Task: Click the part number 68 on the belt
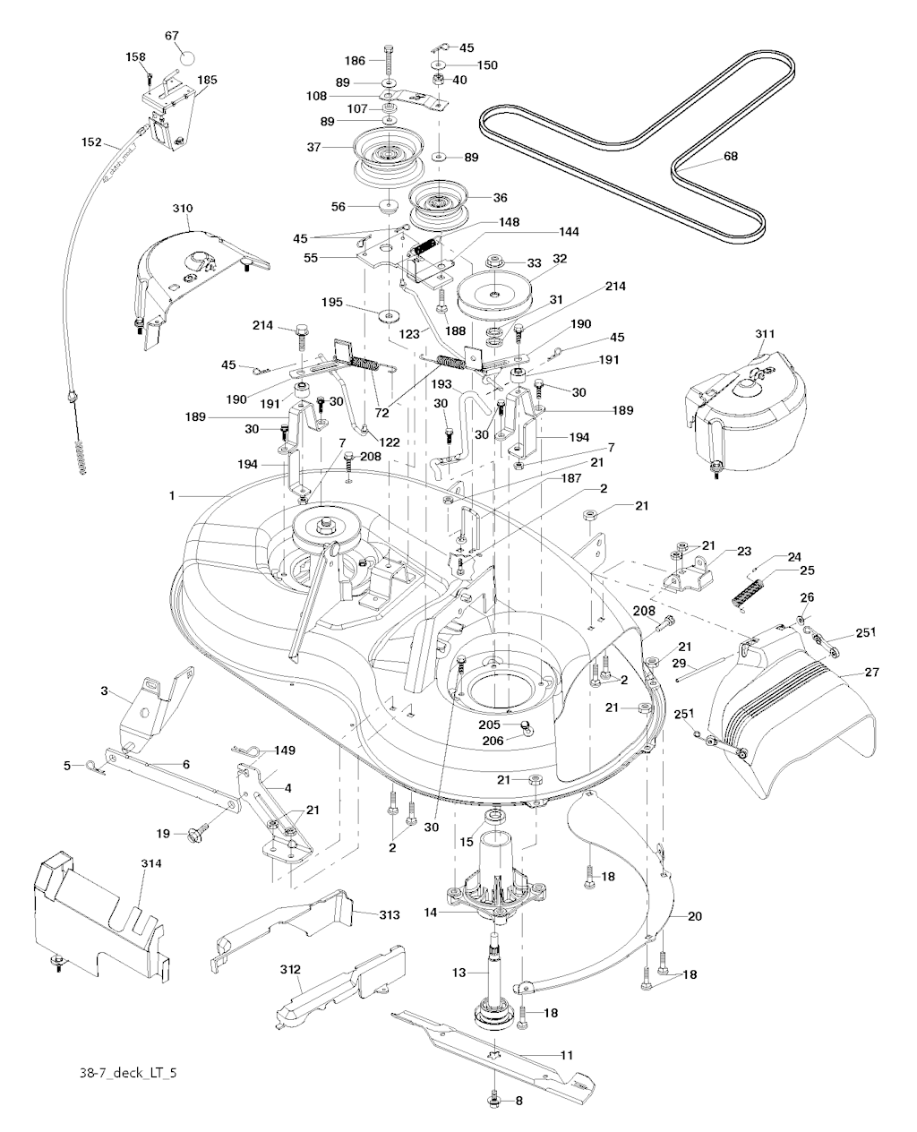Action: pyautogui.click(x=731, y=157)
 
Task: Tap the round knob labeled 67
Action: pyautogui.click(x=186, y=56)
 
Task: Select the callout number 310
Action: pyautogui.click(x=182, y=209)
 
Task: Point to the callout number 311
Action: pyautogui.click(x=739, y=334)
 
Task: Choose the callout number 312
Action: pyautogui.click(x=289, y=970)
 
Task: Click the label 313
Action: pyautogui.click(x=388, y=914)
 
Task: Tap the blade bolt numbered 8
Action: pyautogui.click(x=494, y=1097)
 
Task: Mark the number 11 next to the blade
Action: pyautogui.click(x=566, y=1056)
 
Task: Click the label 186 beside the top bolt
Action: pyautogui.click(x=356, y=60)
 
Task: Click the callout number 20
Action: pyautogui.click(x=695, y=916)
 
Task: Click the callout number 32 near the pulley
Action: pyautogui.click(x=560, y=258)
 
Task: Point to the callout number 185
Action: pyautogui.click(x=207, y=80)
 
